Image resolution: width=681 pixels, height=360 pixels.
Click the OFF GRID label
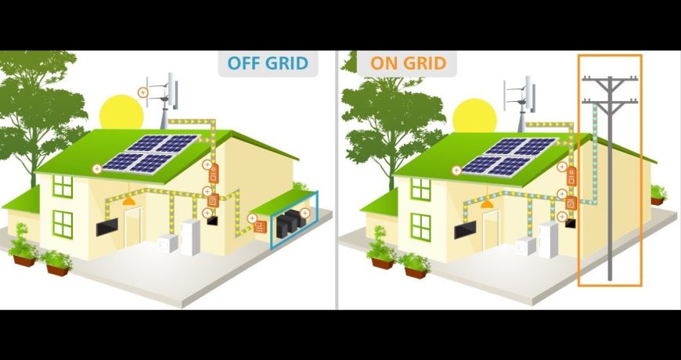tap(268, 63)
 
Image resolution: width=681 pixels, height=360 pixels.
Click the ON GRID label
tap(409, 63)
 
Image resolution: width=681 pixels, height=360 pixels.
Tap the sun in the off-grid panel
tap(121, 113)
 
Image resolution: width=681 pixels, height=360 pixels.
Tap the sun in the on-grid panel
tap(474, 116)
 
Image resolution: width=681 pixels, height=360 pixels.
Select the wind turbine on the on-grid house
tap(521, 104)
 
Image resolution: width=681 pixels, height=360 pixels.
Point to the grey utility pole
tap(610, 178)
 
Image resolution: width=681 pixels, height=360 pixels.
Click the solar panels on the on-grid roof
tap(509, 157)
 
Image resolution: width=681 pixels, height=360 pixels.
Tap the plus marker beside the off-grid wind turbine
tap(143, 92)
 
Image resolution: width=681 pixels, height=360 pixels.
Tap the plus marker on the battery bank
tap(305, 213)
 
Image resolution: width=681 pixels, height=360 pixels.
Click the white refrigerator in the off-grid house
tap(190, 238)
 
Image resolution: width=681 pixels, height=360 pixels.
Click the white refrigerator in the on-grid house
tap(548, 240)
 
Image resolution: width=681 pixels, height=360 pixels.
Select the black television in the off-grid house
tap(106, 227)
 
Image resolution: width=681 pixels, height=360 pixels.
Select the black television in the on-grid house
tap(465, 230)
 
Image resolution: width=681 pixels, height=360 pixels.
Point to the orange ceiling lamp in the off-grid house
tap(129, 201)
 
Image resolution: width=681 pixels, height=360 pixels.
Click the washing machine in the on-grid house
tap(525, 247)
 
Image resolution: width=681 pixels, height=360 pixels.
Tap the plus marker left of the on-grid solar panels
tap(456, 171)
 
